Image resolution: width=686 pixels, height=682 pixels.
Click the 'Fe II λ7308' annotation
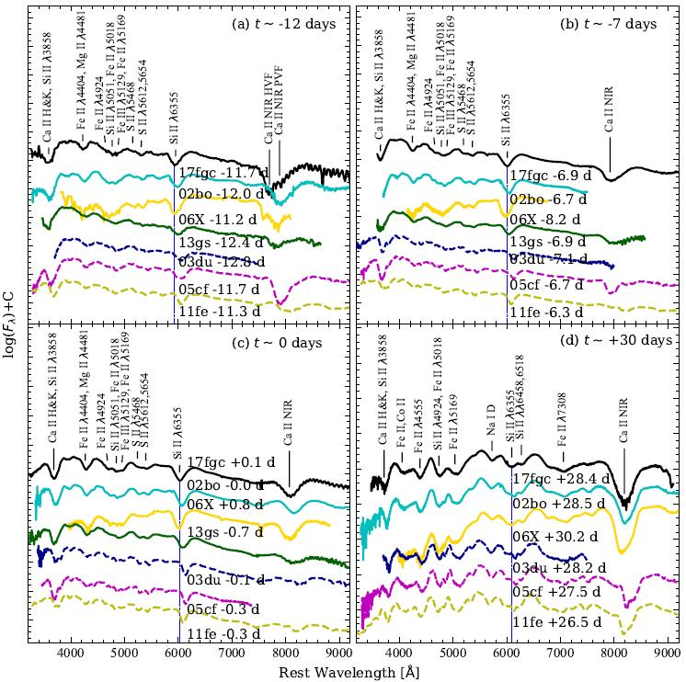click(x=564, y=426)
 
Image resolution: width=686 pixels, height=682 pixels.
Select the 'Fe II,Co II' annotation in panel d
click(x=401, y=431)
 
